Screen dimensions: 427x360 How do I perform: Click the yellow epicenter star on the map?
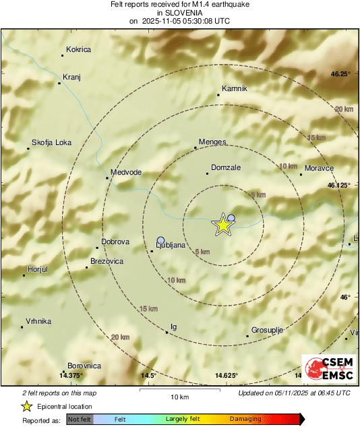[222, 225]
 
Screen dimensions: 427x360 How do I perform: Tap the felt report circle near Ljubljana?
[160, 240]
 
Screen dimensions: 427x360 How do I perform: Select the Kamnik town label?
[235, 89]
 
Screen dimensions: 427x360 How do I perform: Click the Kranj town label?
[71, 78]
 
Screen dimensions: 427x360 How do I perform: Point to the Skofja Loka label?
[51, 143]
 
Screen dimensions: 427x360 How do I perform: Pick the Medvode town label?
[126, 173]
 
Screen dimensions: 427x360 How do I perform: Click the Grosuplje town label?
[266, 331]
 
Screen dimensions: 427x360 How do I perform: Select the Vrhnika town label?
[38, 322]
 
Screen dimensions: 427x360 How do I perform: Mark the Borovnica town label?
[84, 366]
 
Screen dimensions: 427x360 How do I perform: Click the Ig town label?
[173, 327]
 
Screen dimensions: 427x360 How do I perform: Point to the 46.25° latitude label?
[339, 74]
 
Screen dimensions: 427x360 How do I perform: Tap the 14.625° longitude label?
[227, 376]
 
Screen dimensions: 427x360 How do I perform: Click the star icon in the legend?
[27, 406]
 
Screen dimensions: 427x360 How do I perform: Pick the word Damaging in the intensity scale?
[245, 420]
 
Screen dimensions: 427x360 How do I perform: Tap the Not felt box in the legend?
[79, 420]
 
